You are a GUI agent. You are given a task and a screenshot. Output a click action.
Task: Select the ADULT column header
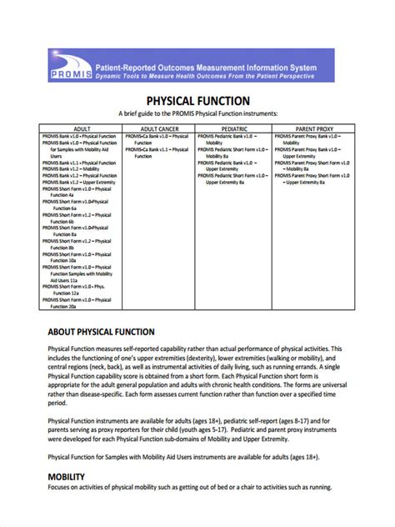tap(82, 128)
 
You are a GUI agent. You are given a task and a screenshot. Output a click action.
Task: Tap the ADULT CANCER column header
tap(159, 128)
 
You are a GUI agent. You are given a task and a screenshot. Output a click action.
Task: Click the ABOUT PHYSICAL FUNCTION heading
tap(102, 332)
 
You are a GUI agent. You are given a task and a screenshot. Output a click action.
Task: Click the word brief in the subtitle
tap(129, 113)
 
